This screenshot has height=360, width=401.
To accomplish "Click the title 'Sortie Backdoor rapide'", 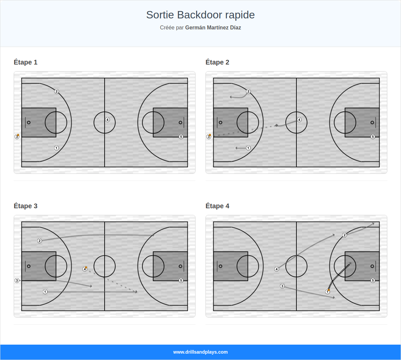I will coord(200,15).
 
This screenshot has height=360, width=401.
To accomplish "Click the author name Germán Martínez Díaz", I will coord(213,28).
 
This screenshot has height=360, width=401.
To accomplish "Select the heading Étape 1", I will coord(25,62).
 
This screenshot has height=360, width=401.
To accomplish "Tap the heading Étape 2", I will coord(217,62).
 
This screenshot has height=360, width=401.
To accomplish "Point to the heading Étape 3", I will coord(25,206).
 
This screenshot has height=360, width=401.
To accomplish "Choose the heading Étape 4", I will coord(217,206).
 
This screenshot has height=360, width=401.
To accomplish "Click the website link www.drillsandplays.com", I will coord(200,352).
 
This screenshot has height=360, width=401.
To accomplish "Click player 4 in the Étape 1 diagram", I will coord(107,120).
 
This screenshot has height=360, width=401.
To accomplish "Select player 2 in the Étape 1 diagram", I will coord(56,92).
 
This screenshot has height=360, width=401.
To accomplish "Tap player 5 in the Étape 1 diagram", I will coord(181,137).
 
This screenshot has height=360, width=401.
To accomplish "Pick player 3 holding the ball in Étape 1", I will coord(17,137).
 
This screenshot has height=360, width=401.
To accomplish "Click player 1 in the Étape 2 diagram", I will coord(248,148).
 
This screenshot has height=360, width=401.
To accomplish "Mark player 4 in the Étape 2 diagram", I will coord(299,120).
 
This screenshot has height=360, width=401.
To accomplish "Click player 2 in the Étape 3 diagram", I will coord(40,241).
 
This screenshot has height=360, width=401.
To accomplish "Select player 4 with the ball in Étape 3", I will coord(85,269).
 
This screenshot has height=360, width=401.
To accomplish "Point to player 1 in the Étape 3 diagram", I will coord(45,292).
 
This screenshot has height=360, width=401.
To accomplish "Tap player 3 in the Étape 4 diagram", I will coord(282,286).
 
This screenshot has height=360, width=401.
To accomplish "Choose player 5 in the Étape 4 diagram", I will coord(373,280).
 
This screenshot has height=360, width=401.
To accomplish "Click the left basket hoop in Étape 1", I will coord(29,122).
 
